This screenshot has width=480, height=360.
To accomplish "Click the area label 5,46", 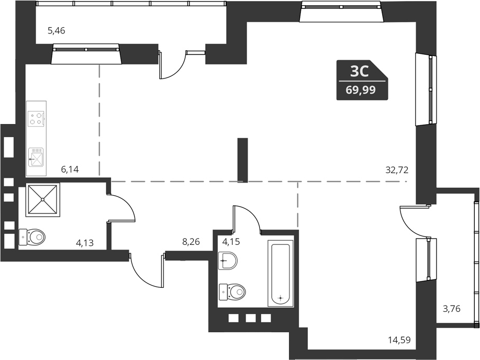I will point(56,31).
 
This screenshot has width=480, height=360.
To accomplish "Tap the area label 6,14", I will point(69,169).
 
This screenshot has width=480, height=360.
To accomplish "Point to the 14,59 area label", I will point(399,340).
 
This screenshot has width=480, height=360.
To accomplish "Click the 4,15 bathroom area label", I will point(232,242).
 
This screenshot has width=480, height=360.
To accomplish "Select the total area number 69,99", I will point(360,90).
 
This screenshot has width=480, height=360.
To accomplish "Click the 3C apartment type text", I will point(360,71).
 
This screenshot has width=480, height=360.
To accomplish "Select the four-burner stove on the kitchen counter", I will point(36,119).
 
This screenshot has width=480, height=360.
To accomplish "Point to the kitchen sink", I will point(36,156).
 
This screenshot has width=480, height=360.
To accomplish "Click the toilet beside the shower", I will point(33,238).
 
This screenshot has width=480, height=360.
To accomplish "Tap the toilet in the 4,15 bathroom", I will point(232,291).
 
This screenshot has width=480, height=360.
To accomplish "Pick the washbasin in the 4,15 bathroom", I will point(228,260).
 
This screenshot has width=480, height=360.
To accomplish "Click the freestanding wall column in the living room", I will point(242,160).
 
